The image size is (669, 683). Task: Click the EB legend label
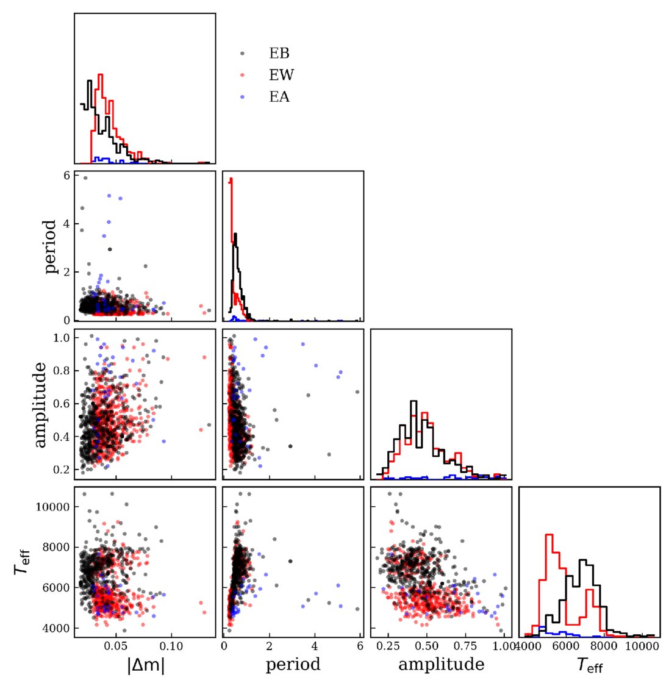[279, 53]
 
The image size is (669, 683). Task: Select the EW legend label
[281, 75]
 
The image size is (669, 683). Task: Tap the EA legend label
[279, 96]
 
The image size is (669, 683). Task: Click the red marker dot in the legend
[243, 75]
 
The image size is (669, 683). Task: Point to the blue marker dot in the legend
[243, 96]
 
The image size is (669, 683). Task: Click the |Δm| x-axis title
[146, 665]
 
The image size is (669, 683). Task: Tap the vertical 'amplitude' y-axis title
[40, 404]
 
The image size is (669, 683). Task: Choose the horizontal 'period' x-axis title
[293, 664]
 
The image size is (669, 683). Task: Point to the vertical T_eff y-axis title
[22, 562]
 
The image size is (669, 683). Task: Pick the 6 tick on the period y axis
[65, 176]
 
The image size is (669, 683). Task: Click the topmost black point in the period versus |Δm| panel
[85, 178]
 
